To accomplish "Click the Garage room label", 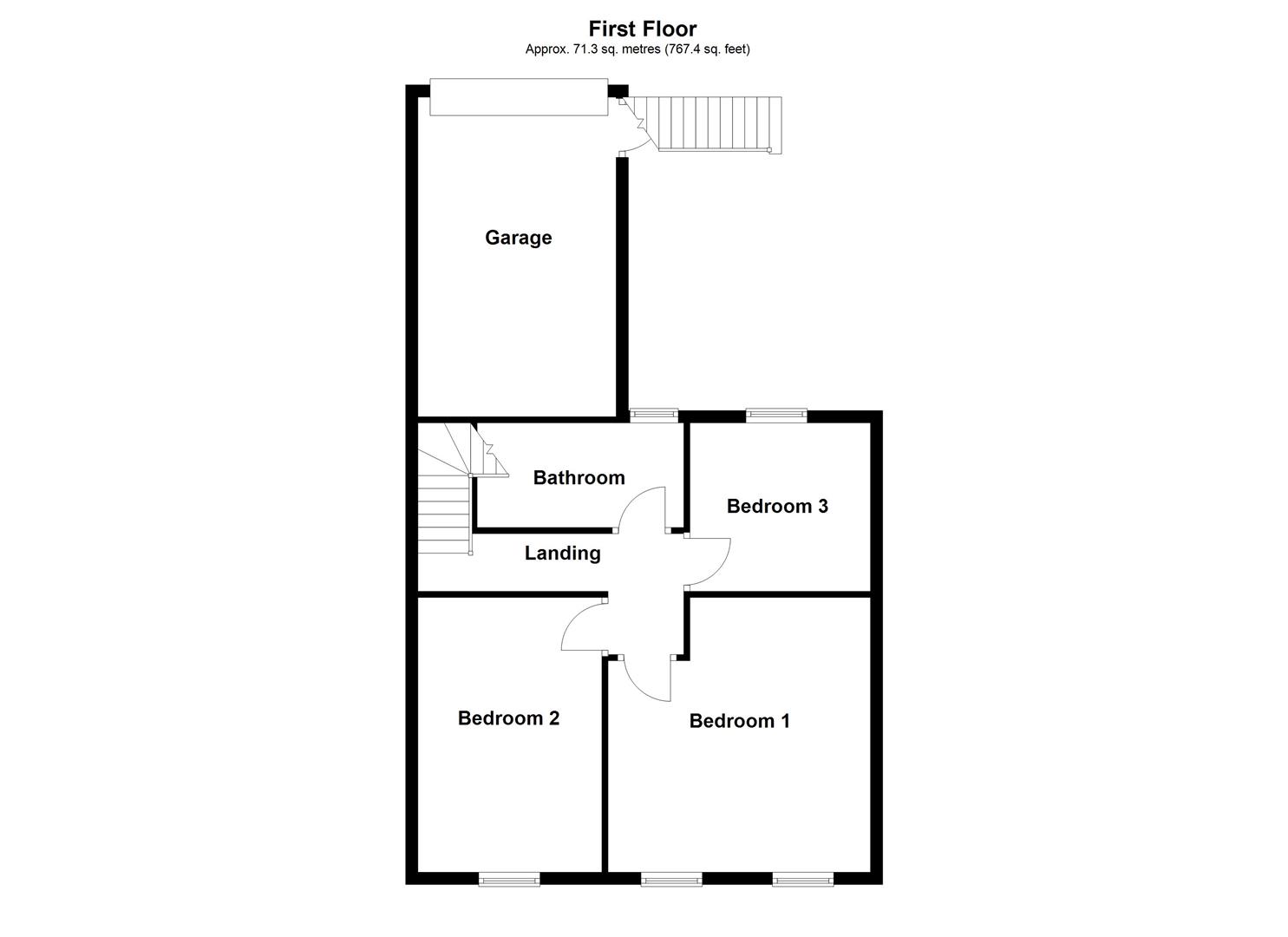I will (x=518, y=238).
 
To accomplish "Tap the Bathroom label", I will (x=579, y=477).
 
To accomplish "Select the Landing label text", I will (x=562, y=553).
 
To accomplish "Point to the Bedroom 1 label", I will (x=739, y=721).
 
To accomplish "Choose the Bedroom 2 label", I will (x=508, y=718).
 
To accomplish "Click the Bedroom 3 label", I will (x=777, y=506).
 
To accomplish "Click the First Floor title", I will (x=642, y=29).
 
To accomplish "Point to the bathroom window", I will (x=654, y=416).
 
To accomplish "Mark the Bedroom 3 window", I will (x=776, y=416).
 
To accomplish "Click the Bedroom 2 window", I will (x=509, y=879).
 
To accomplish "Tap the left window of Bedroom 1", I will (x=671, y=879).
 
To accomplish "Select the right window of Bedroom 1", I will (x=802, y=879).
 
